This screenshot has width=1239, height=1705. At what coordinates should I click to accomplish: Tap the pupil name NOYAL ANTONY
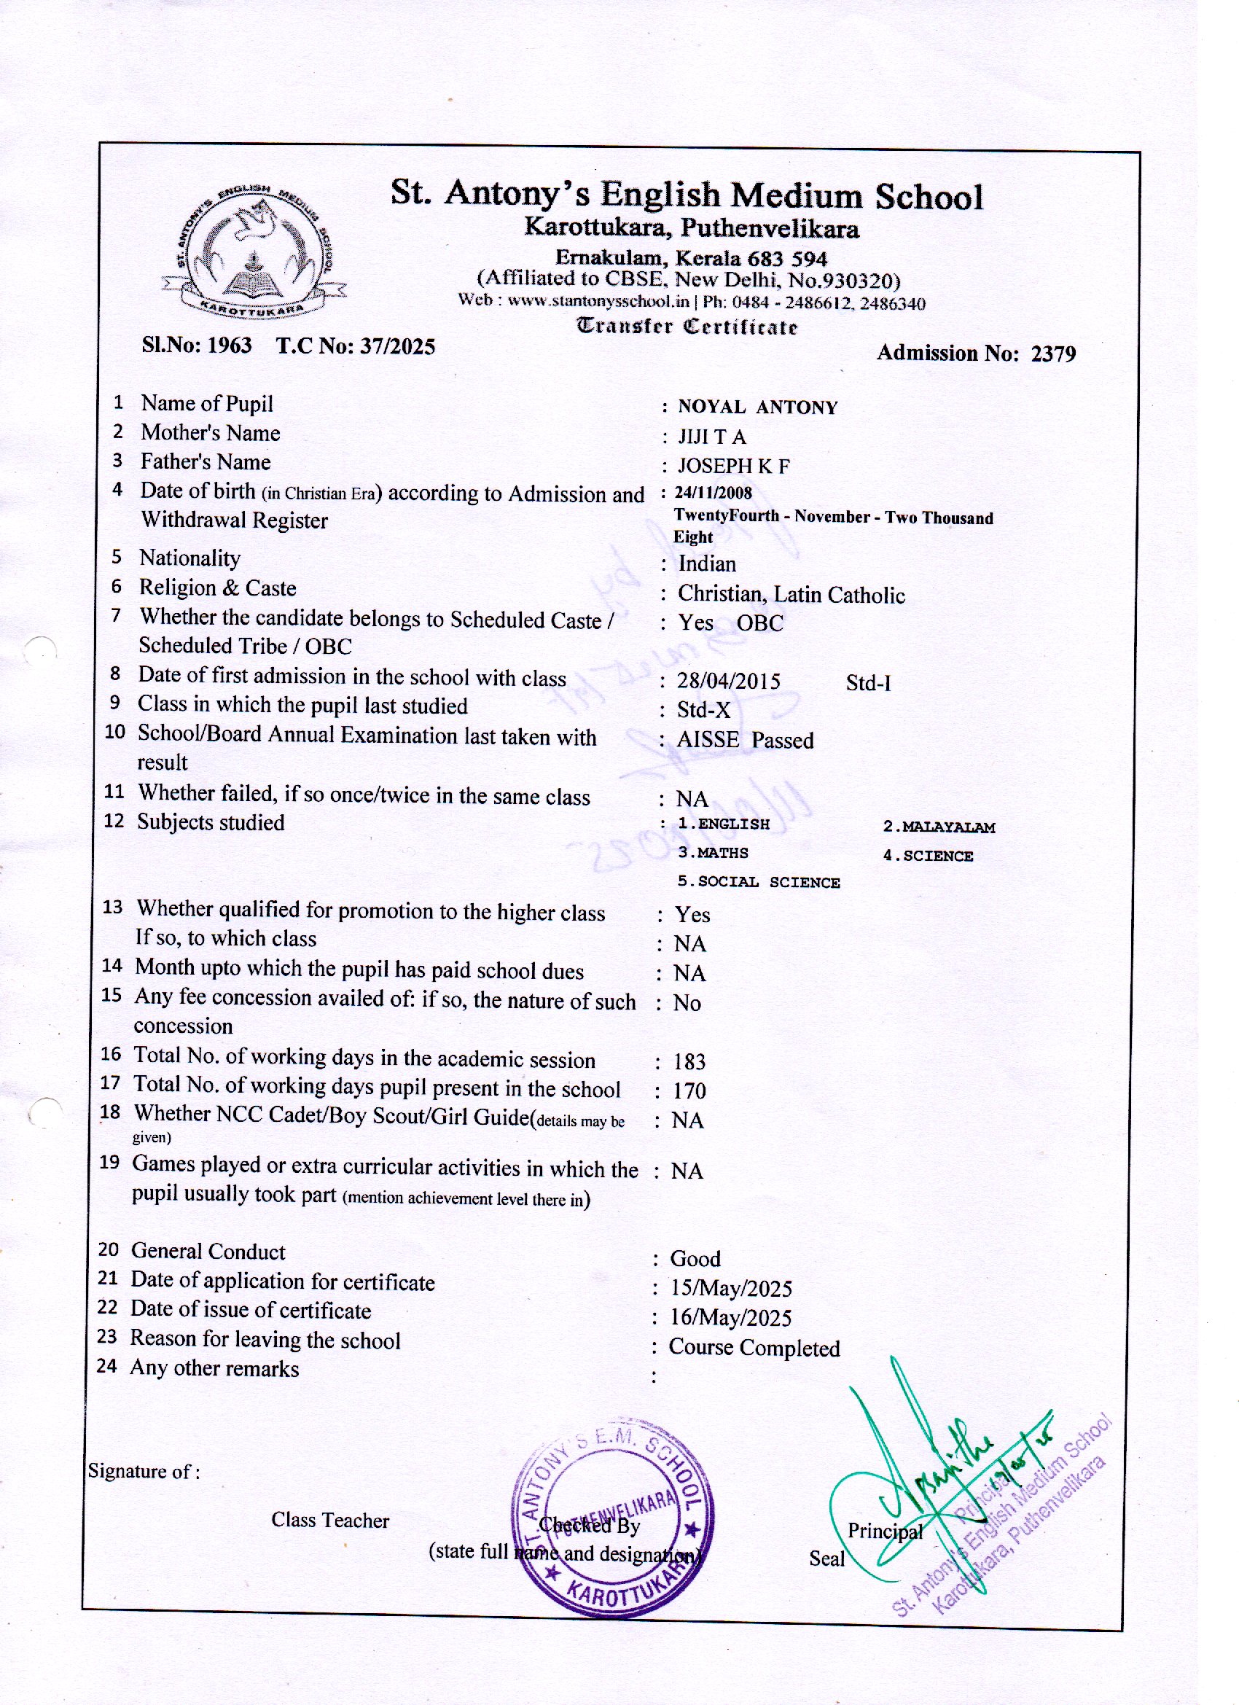[757, 407]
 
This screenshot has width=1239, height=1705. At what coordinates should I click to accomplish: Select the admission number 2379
[1052, 354]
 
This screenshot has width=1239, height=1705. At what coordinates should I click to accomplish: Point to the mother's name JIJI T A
[711, 437]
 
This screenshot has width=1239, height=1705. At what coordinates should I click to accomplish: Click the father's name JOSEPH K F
[733, 466]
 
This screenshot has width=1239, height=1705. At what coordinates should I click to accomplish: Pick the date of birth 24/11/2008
[714, 493]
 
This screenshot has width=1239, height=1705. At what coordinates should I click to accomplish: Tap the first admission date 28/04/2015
[728, 681]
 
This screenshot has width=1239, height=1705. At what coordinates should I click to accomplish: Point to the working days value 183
[689, 1061]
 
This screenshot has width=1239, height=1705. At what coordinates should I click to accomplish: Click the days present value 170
[689, 1091]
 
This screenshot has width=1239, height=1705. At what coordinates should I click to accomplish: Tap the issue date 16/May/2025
[731, 1318]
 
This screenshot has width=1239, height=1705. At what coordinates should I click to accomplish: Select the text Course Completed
[754, 1348]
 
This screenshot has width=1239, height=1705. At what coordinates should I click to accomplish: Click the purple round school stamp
[612, 1520]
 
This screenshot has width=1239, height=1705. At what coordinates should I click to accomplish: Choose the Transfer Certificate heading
[687, 327]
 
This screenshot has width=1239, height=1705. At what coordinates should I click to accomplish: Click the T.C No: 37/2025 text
[356, 346]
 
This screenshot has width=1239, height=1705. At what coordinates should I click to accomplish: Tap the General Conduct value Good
[695, 1259]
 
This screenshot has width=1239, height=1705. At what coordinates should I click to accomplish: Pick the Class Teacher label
[330, 1520]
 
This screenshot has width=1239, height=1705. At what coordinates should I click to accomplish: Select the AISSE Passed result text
[745, 741]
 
